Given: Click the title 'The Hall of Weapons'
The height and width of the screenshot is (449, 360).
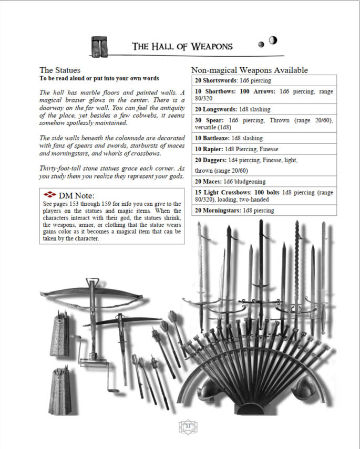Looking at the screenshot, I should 182,46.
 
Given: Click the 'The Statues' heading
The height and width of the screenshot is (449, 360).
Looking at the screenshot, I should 60,70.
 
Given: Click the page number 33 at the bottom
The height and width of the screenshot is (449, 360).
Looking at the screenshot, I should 188,426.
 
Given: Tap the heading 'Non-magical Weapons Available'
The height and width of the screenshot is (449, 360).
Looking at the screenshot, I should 249,70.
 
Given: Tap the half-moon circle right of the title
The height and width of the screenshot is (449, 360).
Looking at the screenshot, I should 273,40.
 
